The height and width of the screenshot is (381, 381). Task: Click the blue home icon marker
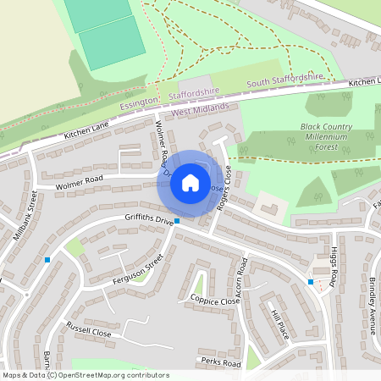[190, 182]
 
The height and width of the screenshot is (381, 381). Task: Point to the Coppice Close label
[215, 301]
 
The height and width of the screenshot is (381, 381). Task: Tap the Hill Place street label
[280, 324]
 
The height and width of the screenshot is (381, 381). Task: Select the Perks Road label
[221, 362]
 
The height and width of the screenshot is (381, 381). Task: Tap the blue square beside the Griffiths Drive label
[176, 224]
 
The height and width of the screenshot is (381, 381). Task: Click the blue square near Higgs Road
[311, 281]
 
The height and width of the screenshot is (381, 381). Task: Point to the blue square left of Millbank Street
[47, 259]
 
